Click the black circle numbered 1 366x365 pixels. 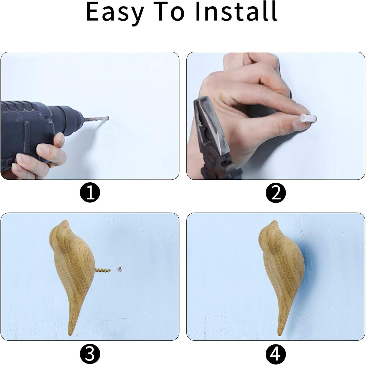point(90,194)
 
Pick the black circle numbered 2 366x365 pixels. point(276,194)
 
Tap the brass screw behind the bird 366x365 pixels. point(103,270)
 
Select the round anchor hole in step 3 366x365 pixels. point(120,268)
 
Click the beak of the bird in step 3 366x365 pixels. point(66,222)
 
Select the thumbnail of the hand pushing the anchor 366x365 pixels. point(298,124)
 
